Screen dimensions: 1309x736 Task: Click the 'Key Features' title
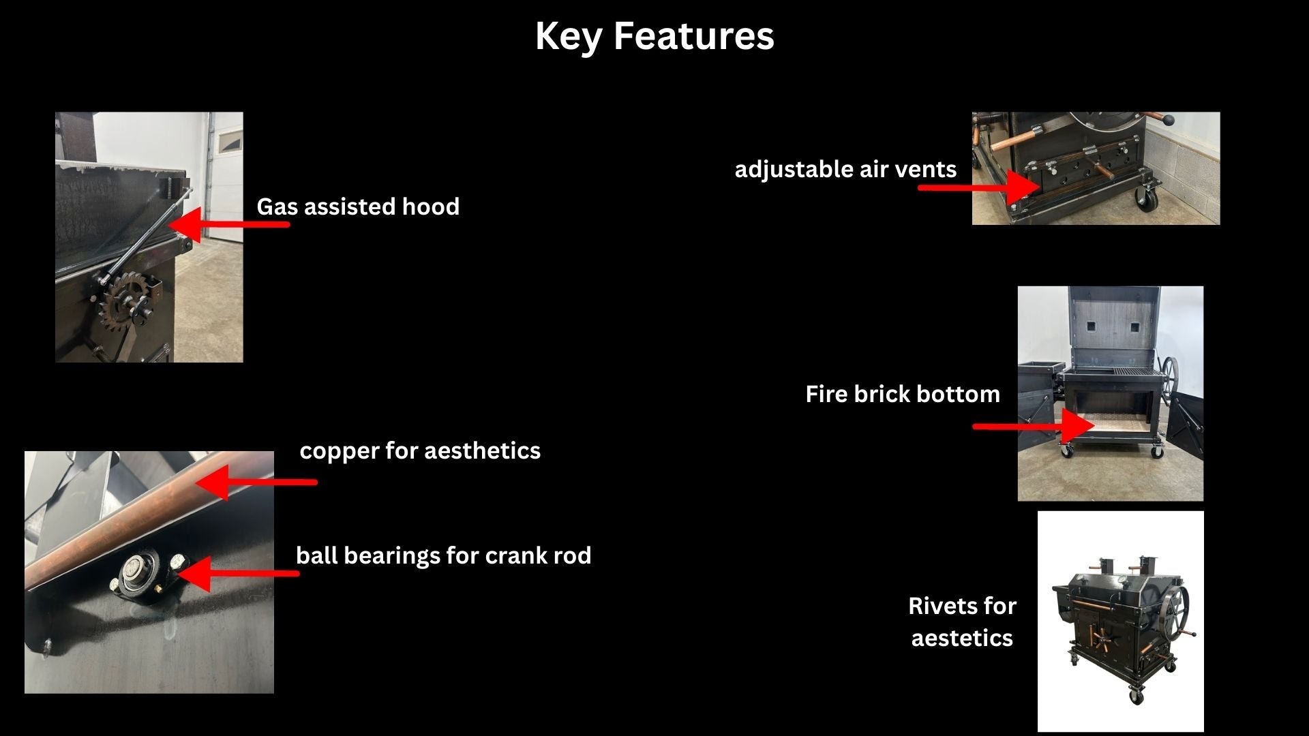click(x=654, y=36)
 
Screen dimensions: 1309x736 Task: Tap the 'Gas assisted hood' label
click(x=358, y=206)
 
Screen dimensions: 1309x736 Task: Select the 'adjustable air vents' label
click(x=845, y=169)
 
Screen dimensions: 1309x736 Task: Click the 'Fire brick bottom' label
click(x=903, y=394)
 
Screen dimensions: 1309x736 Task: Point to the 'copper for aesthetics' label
click(x=420, y=450)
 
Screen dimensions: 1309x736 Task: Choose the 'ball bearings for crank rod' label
click(x=443, y=555)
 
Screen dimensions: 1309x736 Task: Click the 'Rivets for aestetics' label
click(x=962, y=622)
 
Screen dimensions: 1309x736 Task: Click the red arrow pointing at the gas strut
click(x=228, y=224)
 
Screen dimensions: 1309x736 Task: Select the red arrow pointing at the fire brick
click(x=1034, y=427)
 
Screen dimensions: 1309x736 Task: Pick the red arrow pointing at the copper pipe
click(x=256, y=482)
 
